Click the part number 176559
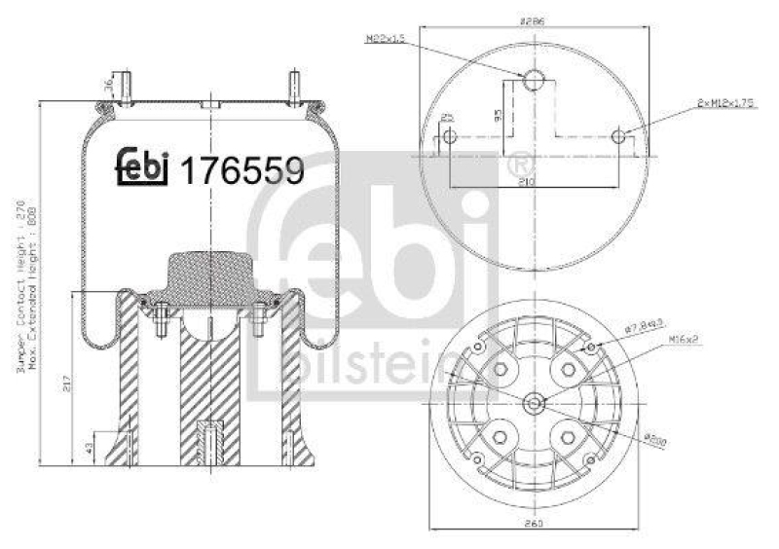[243, 171]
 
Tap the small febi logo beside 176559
[143, 166]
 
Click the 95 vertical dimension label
[498, 115]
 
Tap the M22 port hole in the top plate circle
[534, 81]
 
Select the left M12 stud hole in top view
[448, 137]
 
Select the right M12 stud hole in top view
[620, 137]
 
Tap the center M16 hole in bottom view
[534, 403]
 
